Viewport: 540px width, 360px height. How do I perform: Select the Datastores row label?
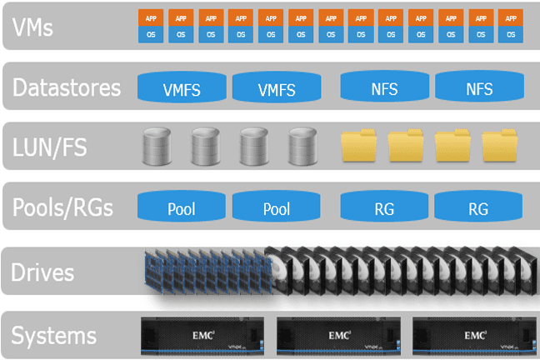(67, 87)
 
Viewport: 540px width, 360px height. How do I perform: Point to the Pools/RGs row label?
(62, 207)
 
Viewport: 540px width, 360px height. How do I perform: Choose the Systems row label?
(54, 336)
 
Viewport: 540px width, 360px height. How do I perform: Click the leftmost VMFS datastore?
(182, 88)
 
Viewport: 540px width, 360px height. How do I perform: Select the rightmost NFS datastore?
(479, 88)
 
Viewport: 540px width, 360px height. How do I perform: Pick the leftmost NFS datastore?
(384, 88)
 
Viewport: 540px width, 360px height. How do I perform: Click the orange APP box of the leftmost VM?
(150, 17)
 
